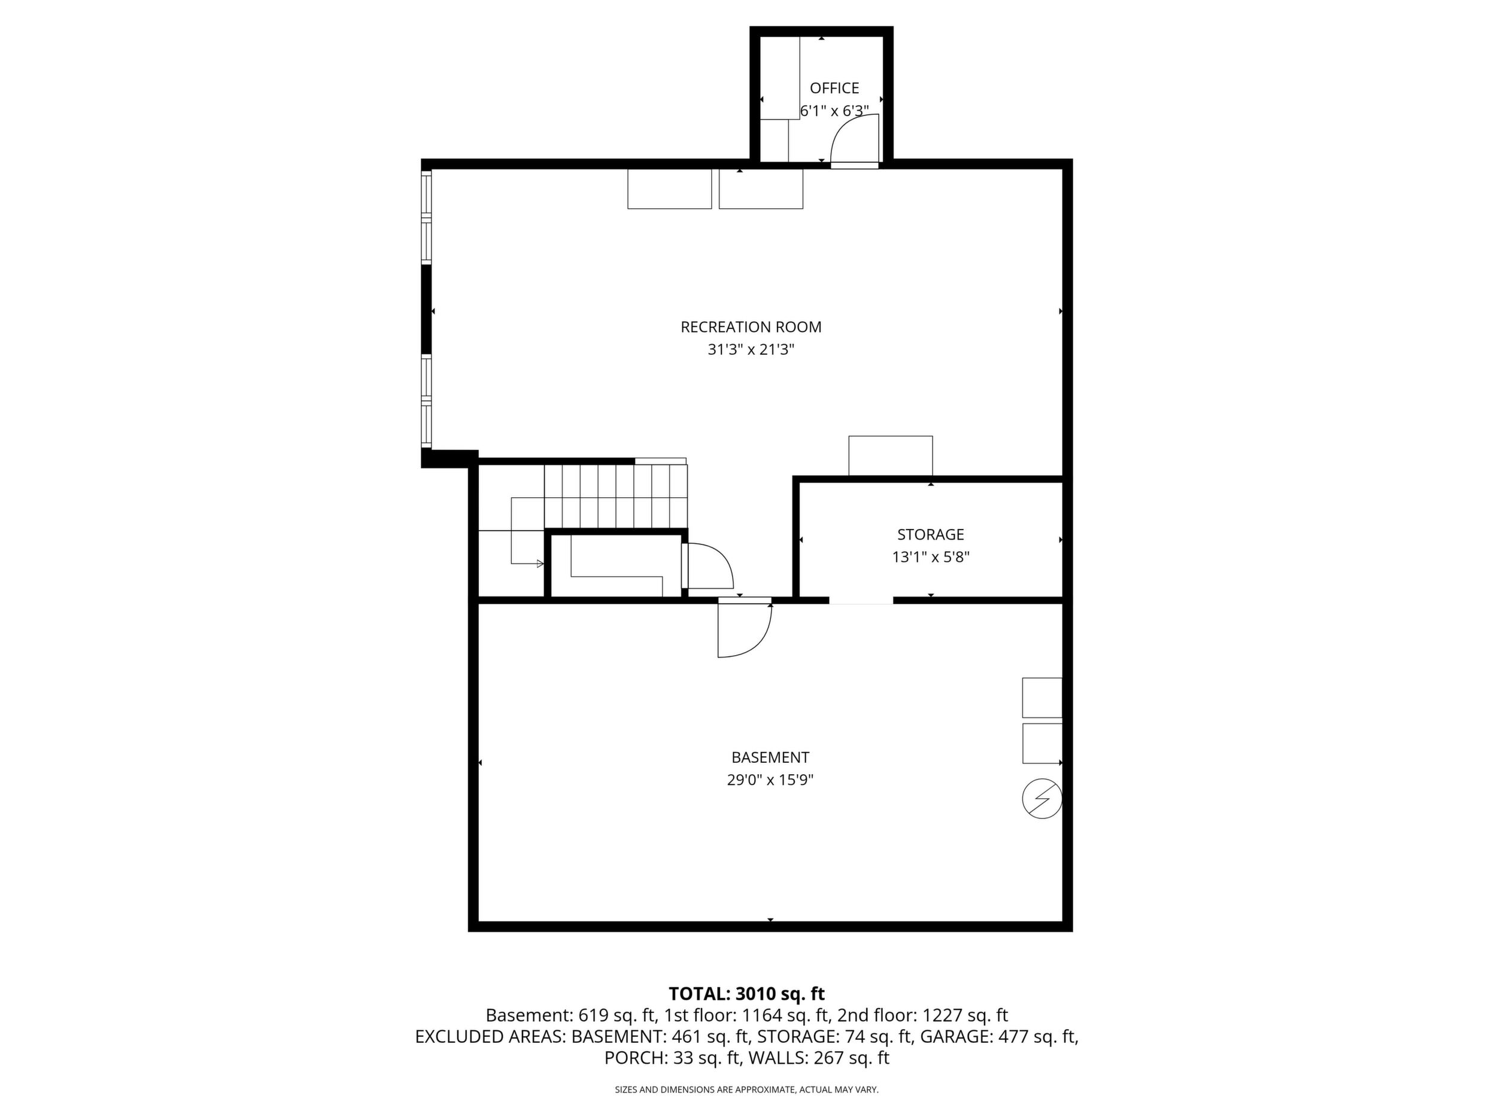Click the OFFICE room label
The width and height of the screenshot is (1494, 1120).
(834, 89)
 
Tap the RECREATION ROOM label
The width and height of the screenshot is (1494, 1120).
(751, 327)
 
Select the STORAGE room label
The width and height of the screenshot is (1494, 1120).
(930, 535)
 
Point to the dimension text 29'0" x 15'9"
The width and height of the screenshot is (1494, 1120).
(770, 780)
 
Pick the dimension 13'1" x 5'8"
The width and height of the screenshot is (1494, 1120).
(931, 558)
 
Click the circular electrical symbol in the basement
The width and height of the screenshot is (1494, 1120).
(1042, 799)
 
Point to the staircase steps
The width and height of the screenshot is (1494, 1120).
(615, 496)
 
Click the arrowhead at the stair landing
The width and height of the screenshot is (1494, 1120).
(540, 564)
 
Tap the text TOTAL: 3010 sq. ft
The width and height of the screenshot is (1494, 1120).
(746, 994)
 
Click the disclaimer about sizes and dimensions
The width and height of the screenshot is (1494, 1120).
(746, 1089)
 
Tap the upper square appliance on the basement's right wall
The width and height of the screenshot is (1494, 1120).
(1042, 698)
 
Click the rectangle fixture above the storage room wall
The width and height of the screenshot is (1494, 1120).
(890, 456)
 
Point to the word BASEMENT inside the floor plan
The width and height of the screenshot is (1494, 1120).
(770, 757)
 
